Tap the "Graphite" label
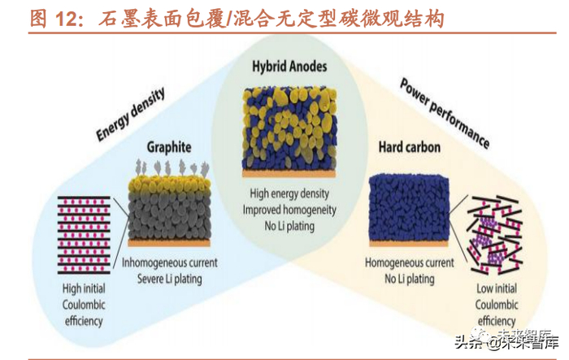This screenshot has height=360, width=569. (x=168, y=148)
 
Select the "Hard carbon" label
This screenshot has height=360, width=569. (x=410, y=147)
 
